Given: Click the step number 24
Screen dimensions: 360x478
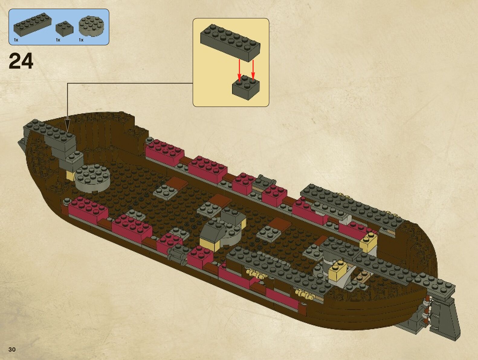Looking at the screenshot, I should click(x=21, y=61).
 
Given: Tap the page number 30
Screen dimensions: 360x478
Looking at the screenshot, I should click(x=12, y=349).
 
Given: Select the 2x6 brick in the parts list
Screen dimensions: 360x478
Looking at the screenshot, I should click(x=32, y=24).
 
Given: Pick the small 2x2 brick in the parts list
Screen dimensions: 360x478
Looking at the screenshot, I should click(x=64, y=28).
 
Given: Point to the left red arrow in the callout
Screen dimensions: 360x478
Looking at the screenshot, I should click(x=239, y=70).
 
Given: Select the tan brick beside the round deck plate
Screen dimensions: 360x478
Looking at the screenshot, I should click(x=70, y=175).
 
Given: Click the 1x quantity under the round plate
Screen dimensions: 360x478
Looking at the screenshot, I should click(x=81, y=40).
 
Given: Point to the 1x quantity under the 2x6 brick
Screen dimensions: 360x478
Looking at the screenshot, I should click(x=16, y=40).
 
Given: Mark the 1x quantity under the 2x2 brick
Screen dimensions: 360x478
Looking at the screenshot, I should click(x=58, y=40).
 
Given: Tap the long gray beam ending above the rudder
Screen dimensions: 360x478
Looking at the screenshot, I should click(x=393, y=266).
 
